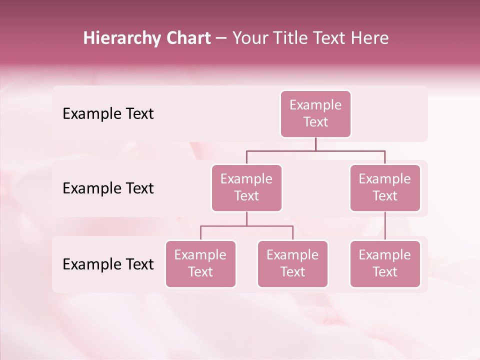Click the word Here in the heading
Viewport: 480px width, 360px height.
tap(370, 38)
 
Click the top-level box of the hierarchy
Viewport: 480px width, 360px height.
tap(315, 114)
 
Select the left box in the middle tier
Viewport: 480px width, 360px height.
tap(246, 188)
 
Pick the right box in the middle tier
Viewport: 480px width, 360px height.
tap(385, 188)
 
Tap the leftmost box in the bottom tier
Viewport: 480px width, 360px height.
tap(200, 264)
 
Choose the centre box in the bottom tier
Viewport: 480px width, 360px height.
tap(292, 264)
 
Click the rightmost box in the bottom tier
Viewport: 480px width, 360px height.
tap(385, 264)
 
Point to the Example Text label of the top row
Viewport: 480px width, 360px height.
tap(108, 114)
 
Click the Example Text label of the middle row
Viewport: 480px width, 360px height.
tap(108, 188)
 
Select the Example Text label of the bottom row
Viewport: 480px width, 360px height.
tap(108, 264)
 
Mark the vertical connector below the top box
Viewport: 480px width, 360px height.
tap(315, 144)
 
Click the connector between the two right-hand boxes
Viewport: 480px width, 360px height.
tap(385, 226)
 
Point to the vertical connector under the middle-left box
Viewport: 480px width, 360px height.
tap(246, 219)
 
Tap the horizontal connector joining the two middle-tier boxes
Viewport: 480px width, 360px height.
tap(315, 150)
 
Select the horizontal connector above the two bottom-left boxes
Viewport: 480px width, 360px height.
tap(246, 226)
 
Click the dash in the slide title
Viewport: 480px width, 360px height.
tap(221, 38)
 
